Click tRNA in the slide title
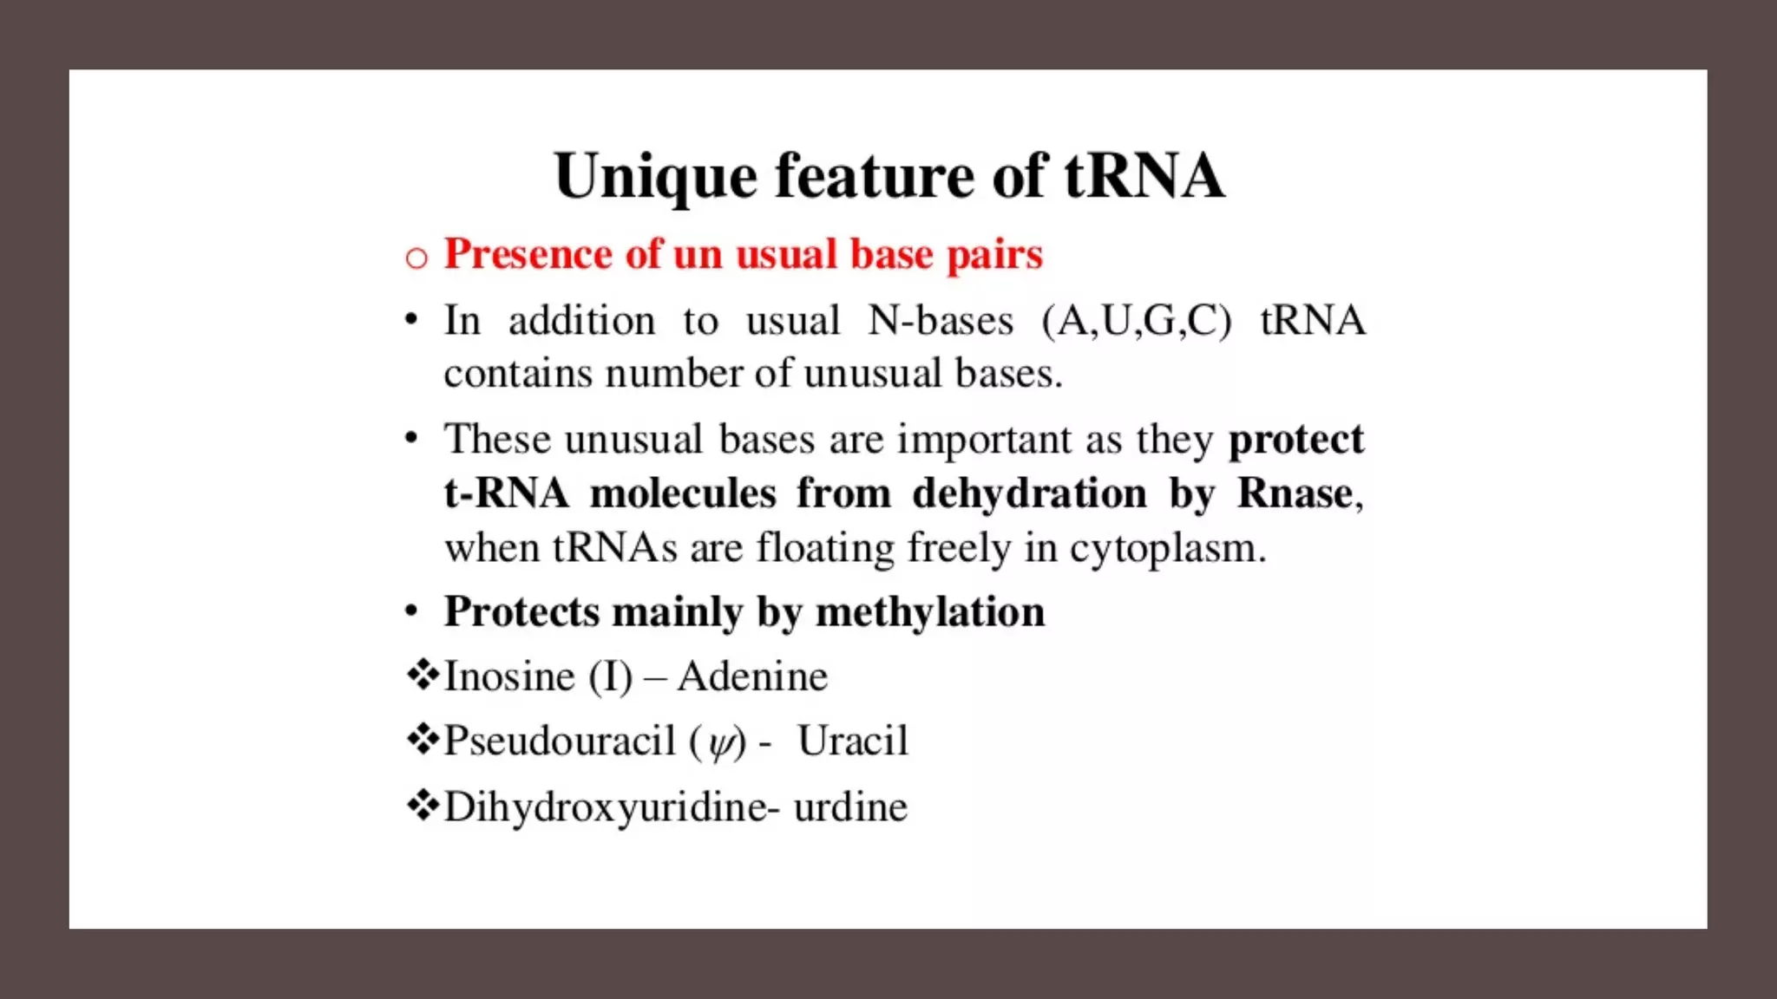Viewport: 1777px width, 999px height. coord(1144,176)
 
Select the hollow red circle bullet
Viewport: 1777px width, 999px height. coord(416,258)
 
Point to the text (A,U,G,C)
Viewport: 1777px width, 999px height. coord(1137,321)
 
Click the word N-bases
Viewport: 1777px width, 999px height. coord(941,321)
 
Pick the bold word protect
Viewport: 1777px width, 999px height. coord(1296,440)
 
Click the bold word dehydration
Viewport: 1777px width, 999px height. coord(1030,493)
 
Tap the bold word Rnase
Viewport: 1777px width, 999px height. coord(1295,493)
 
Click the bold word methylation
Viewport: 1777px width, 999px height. coord(930,612)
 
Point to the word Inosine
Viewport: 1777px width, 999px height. coord(509,676)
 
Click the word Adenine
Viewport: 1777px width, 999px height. coord(753,676)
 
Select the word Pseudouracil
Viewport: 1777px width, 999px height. coord(560,741)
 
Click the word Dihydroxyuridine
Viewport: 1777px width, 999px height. coord(606,807)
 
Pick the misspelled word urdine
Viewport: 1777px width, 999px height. coord(850,807)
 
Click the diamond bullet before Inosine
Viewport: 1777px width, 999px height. coord(423,675)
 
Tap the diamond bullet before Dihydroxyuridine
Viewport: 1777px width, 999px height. coord(423,806)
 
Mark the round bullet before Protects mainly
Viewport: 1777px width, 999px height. coord(412,612)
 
